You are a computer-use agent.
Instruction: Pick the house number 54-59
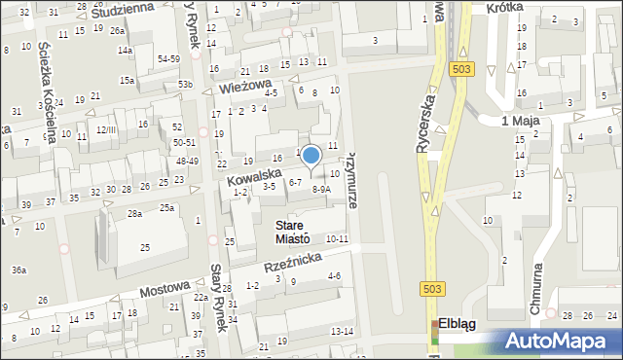point(168,59)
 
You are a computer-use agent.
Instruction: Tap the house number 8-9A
point(320,190)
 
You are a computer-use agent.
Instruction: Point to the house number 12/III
point(106,129)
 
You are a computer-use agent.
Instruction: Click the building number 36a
point(18,270)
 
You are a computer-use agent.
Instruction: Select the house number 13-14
point(342,332)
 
